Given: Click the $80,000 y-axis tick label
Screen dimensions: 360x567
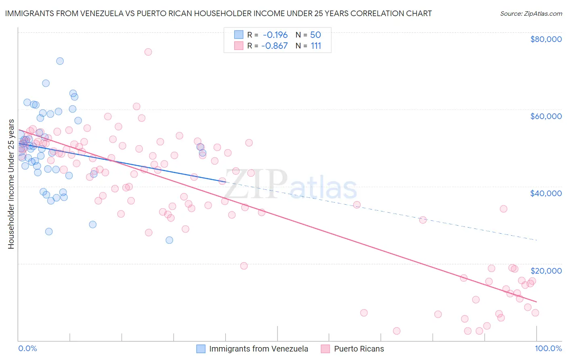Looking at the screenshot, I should [x=546, y=39].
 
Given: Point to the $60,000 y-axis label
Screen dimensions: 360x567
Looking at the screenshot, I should [x=546, y=116].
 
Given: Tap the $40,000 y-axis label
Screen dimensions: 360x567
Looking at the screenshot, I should [x=546, y=193].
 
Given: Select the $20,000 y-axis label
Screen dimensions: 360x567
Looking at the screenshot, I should [x=546, y=270].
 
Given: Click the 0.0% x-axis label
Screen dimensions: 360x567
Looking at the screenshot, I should [x=27, y=348].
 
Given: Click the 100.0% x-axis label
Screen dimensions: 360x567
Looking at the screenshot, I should [x=548, y=348].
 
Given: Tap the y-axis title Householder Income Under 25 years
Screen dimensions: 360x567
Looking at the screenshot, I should [x=11, y=184].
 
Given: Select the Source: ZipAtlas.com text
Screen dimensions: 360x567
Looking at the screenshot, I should [x=531, y=14].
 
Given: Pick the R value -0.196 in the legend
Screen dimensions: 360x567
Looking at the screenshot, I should [x=275, y=35].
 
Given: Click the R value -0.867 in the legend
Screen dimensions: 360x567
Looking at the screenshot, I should [x=274, y=46].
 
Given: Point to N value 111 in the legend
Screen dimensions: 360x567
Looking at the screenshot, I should [x=316, y=46].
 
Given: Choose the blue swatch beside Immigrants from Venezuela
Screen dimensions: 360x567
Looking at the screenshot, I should [x=201, y=349].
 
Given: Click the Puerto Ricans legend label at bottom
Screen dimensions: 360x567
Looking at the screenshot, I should [x=359, y=349].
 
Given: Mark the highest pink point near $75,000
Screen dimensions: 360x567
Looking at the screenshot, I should [x=148, y=52].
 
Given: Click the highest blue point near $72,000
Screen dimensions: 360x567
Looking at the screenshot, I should [x=60, y=61].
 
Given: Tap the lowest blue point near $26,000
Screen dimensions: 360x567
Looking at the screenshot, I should [x=169, y=240].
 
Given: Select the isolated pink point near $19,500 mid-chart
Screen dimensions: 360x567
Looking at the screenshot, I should [x=244, y=266].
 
